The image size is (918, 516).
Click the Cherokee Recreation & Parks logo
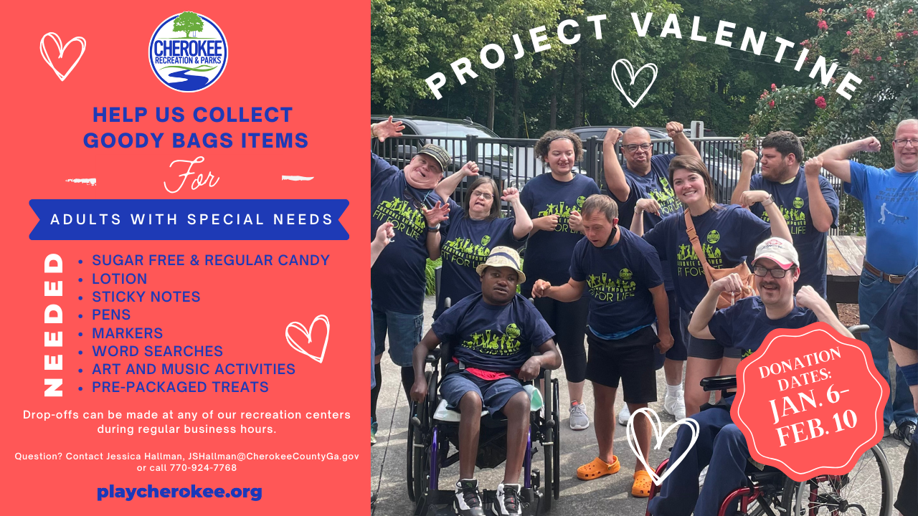coord(188,52)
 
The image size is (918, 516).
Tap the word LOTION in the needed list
coord(119,279)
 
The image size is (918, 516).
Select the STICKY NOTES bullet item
coord(146,297)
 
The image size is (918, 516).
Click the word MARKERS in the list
coord(128,333)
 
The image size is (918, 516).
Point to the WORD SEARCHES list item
coord(157,351)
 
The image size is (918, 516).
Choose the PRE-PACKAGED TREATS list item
coord(180,388)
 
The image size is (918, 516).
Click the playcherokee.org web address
coord(179,492)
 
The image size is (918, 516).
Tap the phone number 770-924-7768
coord(203,468)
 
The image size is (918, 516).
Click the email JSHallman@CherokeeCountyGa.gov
coord(273,457)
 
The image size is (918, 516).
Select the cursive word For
coord(191,176)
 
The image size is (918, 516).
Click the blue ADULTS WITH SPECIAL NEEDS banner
coord(189,219)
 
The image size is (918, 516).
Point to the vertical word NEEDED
coord(53,325)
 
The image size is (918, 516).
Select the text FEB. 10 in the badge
coord(817,428)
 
